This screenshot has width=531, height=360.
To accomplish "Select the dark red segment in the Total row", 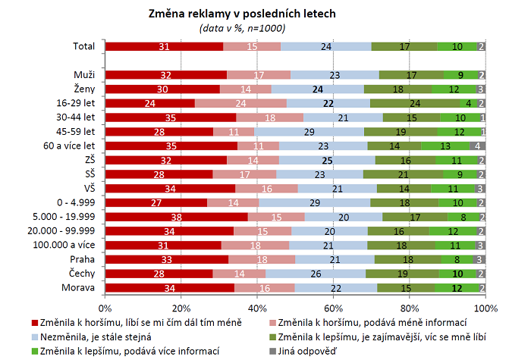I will pos(164,46).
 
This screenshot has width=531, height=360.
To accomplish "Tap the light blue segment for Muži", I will pos(335,75).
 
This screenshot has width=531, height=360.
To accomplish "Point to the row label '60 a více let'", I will pos(70,146).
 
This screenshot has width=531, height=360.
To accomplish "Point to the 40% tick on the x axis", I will pos(257,308).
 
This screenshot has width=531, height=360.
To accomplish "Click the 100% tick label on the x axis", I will pos(485,308).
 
